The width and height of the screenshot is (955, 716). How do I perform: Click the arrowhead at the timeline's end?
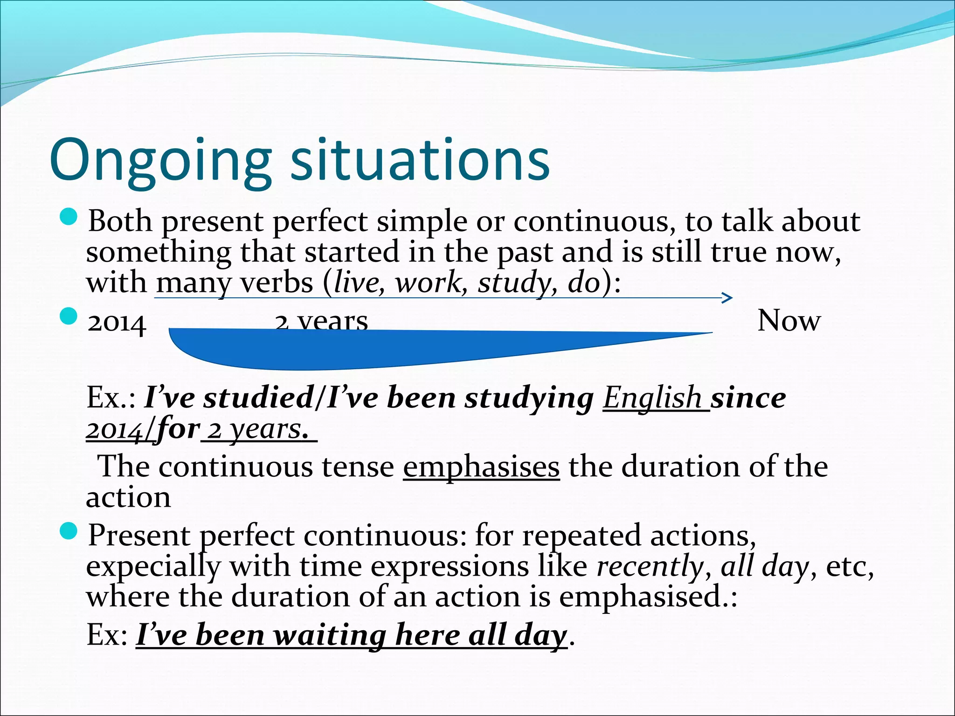[727, 298]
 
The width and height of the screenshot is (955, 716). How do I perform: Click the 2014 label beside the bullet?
[117, 323]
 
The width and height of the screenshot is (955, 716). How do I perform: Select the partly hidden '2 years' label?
[322, 321]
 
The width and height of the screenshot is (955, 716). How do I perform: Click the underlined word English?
[652, 399]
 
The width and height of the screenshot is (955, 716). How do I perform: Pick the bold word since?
[748, 399]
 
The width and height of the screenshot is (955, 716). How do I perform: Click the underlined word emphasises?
[481, 467]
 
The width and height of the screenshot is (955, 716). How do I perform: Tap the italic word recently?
[650, 566]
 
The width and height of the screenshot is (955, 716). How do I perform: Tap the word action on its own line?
[128, 497]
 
